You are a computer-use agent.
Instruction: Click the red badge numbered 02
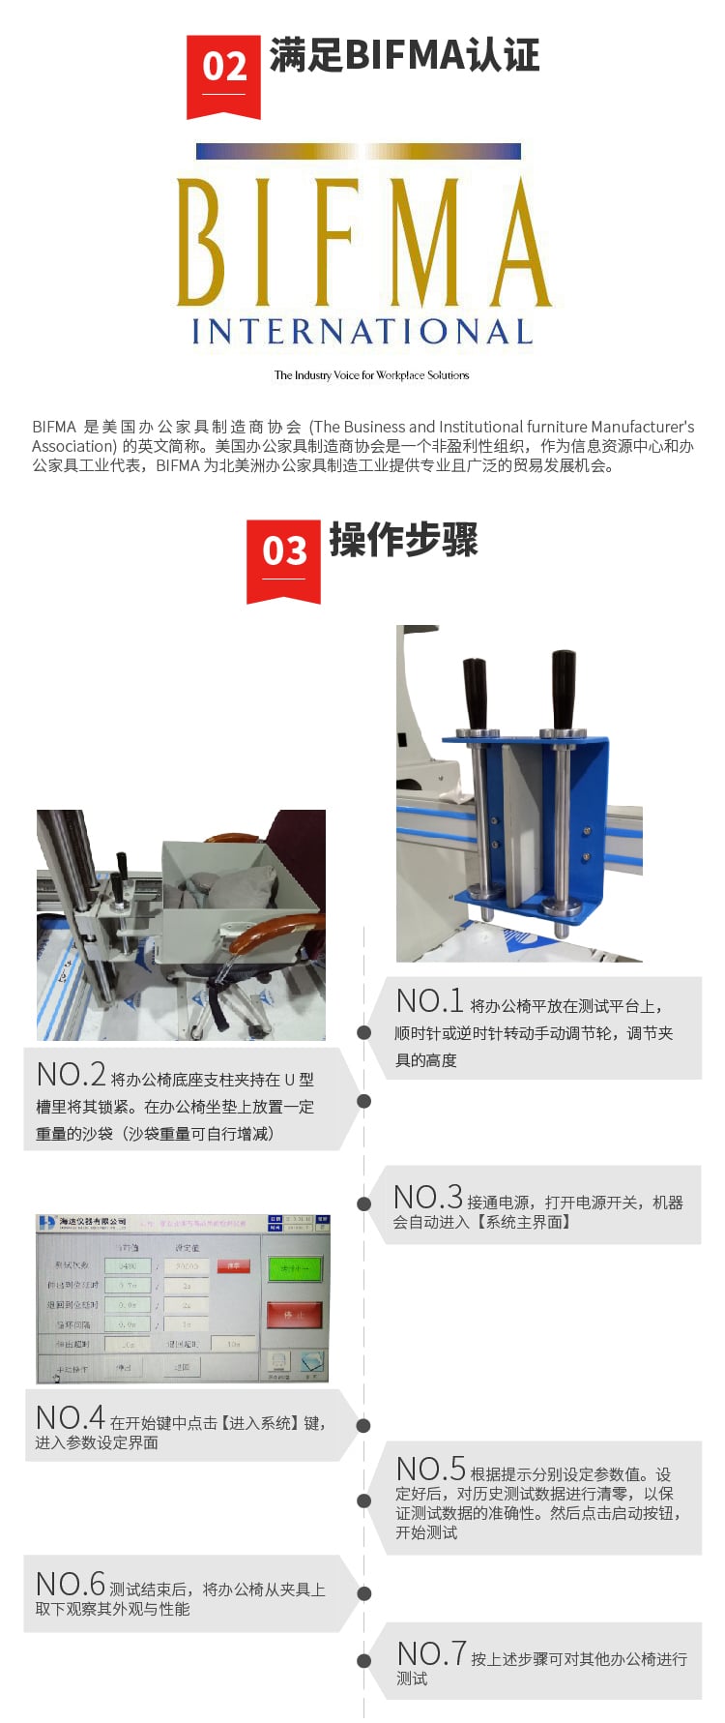pos(223,74)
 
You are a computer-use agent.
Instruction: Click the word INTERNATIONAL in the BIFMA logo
pos(362,332)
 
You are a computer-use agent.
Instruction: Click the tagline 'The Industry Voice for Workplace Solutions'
pos(371,375)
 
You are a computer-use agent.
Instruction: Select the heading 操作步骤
pos(404,540)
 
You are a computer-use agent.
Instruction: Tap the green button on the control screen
pos(294,1268)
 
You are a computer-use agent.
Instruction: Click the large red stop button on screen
pos(294,1315)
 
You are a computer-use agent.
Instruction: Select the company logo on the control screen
pos(46,1223)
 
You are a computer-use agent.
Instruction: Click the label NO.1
pos(430,1001)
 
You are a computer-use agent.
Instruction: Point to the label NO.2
pos(71,1075)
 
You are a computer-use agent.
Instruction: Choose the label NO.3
pos(428,1198)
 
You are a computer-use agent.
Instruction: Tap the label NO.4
pos(70,1418)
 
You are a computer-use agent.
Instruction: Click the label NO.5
pos(431,1470)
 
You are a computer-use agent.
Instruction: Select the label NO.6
pos(70,1585)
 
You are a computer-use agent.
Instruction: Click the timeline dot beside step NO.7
pos(363,1661)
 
